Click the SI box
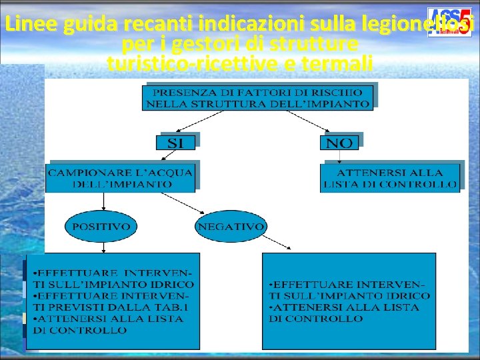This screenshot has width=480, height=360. pos(176,142)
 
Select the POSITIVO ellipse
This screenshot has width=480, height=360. pos(101,227)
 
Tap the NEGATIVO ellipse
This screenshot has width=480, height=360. pos(231,227)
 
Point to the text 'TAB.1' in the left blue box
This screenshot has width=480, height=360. pos(175,307)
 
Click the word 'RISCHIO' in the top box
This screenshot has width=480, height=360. pos(340,92)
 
